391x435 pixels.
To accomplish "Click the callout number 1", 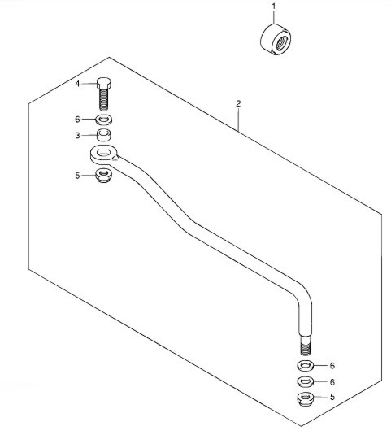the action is tap(274, 7).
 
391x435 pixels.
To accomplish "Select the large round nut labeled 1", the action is tap(276, 39).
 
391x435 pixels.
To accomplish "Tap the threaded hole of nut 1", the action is tap(282, 42).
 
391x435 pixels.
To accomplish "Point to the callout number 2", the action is tap(238, 104).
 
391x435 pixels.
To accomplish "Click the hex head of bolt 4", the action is tap(104, 83).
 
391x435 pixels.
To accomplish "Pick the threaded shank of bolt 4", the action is tap(103, 99).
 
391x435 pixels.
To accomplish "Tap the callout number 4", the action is tap(77, 84).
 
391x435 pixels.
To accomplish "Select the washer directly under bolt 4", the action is tap(104, 120).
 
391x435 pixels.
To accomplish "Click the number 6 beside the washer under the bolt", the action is tap(77, 120).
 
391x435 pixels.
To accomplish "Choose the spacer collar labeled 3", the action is tap(104, 135).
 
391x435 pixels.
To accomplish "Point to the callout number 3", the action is tap(77, 136).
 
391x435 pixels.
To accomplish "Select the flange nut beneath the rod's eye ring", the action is tap(103, 176).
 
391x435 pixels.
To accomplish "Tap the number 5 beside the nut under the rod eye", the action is tap(77, 176).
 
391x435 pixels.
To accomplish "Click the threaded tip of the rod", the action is tap(305, 346).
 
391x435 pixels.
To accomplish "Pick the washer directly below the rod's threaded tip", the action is tap(306, 365).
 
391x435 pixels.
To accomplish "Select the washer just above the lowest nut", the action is tap(306, 381).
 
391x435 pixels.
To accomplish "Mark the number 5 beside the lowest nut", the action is tap(332, 397).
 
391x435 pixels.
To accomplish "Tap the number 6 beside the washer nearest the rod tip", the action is tap(332, 366).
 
